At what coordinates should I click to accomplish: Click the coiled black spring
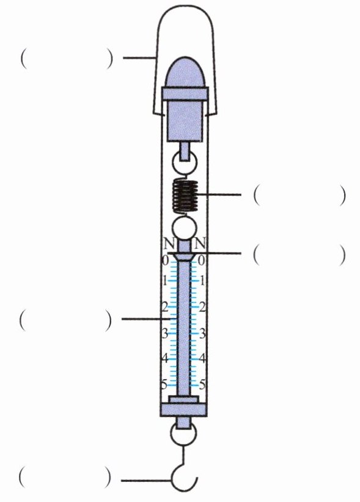(185, 195)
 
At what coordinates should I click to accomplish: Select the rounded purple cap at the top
(185, 72)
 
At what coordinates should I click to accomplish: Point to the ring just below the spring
(184, 228)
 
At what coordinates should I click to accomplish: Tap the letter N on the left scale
(169, 245)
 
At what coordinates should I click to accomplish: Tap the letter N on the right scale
(200, 244)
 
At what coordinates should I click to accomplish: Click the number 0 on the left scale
(165, 261)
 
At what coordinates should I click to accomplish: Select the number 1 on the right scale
(202, 282)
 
